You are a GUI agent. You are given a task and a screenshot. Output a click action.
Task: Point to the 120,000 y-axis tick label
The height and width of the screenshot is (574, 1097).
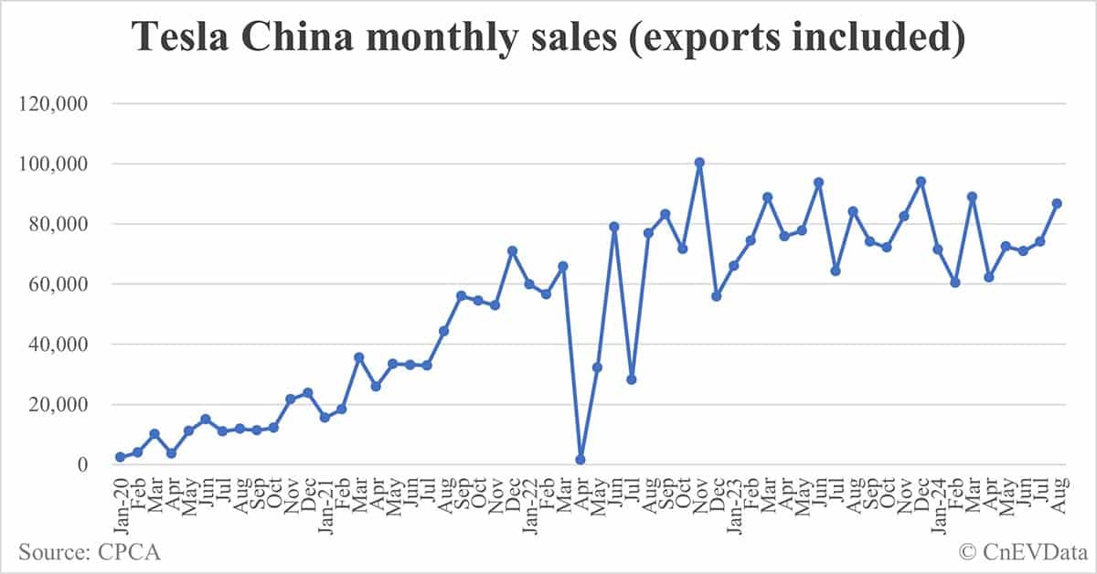[53, 104]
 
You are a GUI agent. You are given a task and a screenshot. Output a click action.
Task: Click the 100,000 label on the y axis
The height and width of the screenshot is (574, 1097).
[53, 165]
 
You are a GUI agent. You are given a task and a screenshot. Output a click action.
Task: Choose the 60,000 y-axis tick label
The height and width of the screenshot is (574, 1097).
[58, 284]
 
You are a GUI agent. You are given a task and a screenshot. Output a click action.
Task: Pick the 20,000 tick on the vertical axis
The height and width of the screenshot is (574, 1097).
[58, 405]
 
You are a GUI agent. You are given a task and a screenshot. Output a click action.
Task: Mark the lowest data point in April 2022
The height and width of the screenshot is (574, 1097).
[580, 460]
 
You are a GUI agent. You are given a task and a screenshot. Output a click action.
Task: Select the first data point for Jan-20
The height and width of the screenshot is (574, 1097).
[120, 457]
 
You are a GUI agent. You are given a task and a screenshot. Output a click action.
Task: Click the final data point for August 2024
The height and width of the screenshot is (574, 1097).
[1057, 203]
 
